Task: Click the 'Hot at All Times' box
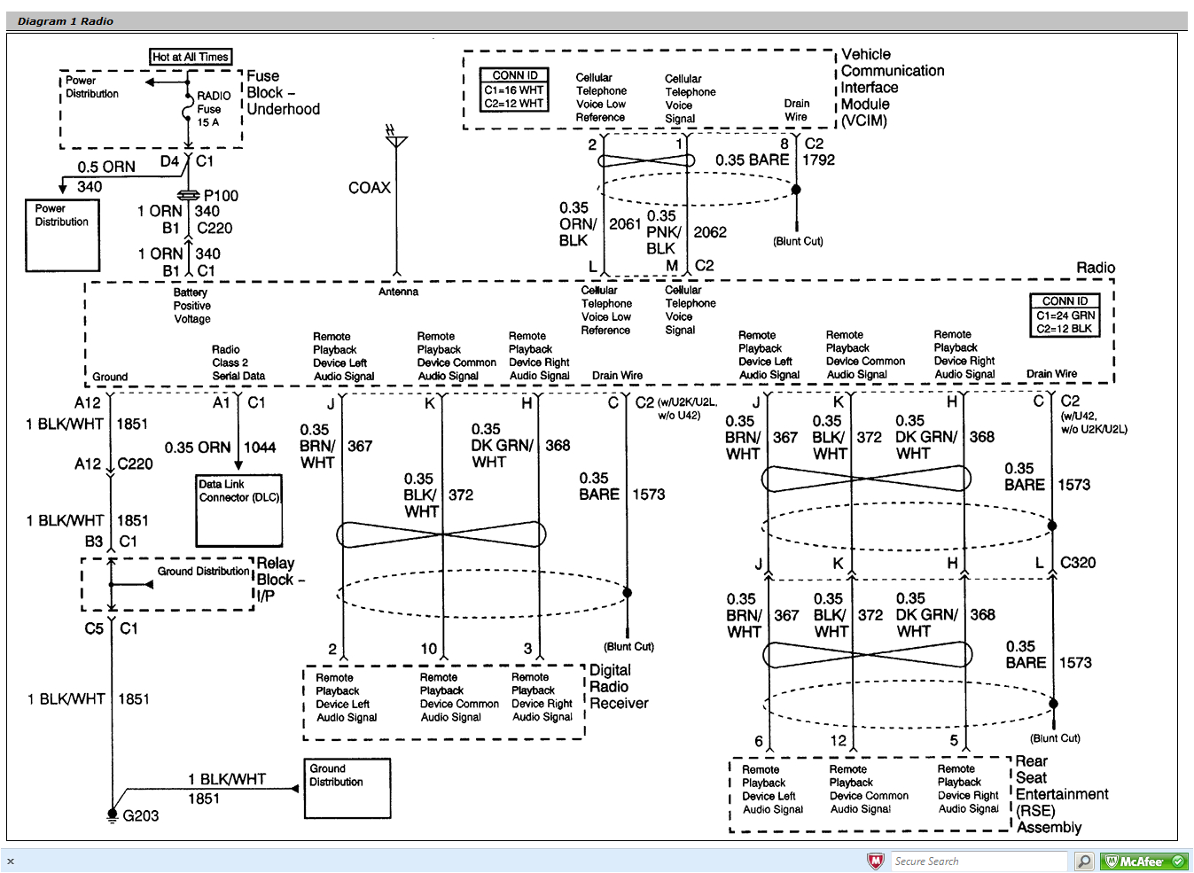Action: click(191, 57)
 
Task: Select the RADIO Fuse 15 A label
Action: click(211, 108)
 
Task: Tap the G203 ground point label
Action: click(140, 815)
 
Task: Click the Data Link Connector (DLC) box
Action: click(238, 511)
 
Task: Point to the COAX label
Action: click(369, 188)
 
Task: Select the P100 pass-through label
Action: click(221, 196)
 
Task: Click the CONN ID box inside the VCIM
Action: click(513, 90)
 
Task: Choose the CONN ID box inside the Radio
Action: click(1065, 316)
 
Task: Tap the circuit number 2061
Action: click(624, 224)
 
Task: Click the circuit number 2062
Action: click(709, 232)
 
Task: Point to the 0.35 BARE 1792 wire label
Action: click(773, 160)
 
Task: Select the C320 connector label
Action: click(1077, 563)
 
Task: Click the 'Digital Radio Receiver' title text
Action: click(618, 687)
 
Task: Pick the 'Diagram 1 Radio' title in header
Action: click(66, 21)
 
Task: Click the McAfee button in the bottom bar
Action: click(1143, 861)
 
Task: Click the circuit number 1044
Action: click(260, 448)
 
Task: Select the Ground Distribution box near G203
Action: click(347, 788)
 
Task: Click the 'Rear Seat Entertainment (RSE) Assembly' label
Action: click(1060, 794)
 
